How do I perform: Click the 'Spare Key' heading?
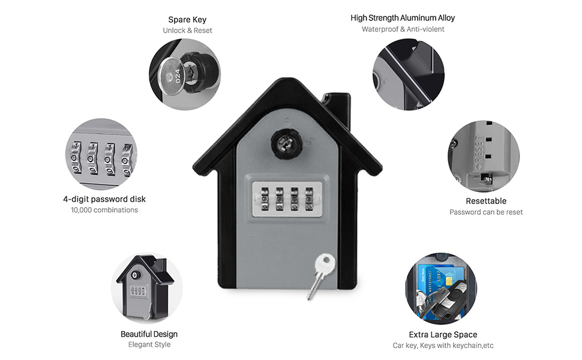(x=187, y=20)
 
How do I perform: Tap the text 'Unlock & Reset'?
(x=187, y=31)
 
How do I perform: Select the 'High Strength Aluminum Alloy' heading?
(x=403, y=18)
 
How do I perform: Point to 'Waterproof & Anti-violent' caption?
(x=403, y=29)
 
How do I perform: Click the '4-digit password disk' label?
(x=104, y=199)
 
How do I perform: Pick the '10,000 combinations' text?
(x=104, y=210)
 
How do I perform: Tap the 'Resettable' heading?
(x=486, y=201)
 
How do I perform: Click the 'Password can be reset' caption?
(x=486, y=212)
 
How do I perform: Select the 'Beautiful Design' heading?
(x=149, y=334)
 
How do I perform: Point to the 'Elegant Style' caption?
(x=149, y=344)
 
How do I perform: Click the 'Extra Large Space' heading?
(x=443, y=335)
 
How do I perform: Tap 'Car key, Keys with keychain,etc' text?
(x=443, y=346)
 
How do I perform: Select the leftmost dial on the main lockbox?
(x=265, y=199)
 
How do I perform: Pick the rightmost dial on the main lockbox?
(x=309, y=199)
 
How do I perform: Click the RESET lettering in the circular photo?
(x=480, y=150)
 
